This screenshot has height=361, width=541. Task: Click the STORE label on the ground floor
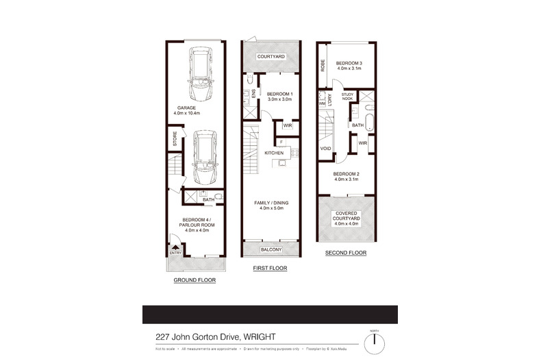(x=175, y=141)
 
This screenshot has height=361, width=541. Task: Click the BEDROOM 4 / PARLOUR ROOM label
(x=197, y=223)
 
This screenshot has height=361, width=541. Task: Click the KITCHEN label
(x=274, y=153)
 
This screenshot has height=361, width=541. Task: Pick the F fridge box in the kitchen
(x=281, y=141)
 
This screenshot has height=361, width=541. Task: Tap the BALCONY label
(x=271, y=250)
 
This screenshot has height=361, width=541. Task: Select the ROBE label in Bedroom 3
(x=323, y=66)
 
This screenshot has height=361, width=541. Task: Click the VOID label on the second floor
(x=326, y=148)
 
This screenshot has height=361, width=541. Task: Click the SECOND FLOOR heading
(x=347, y=253)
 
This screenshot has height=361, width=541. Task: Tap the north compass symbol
(x=375, y=340)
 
